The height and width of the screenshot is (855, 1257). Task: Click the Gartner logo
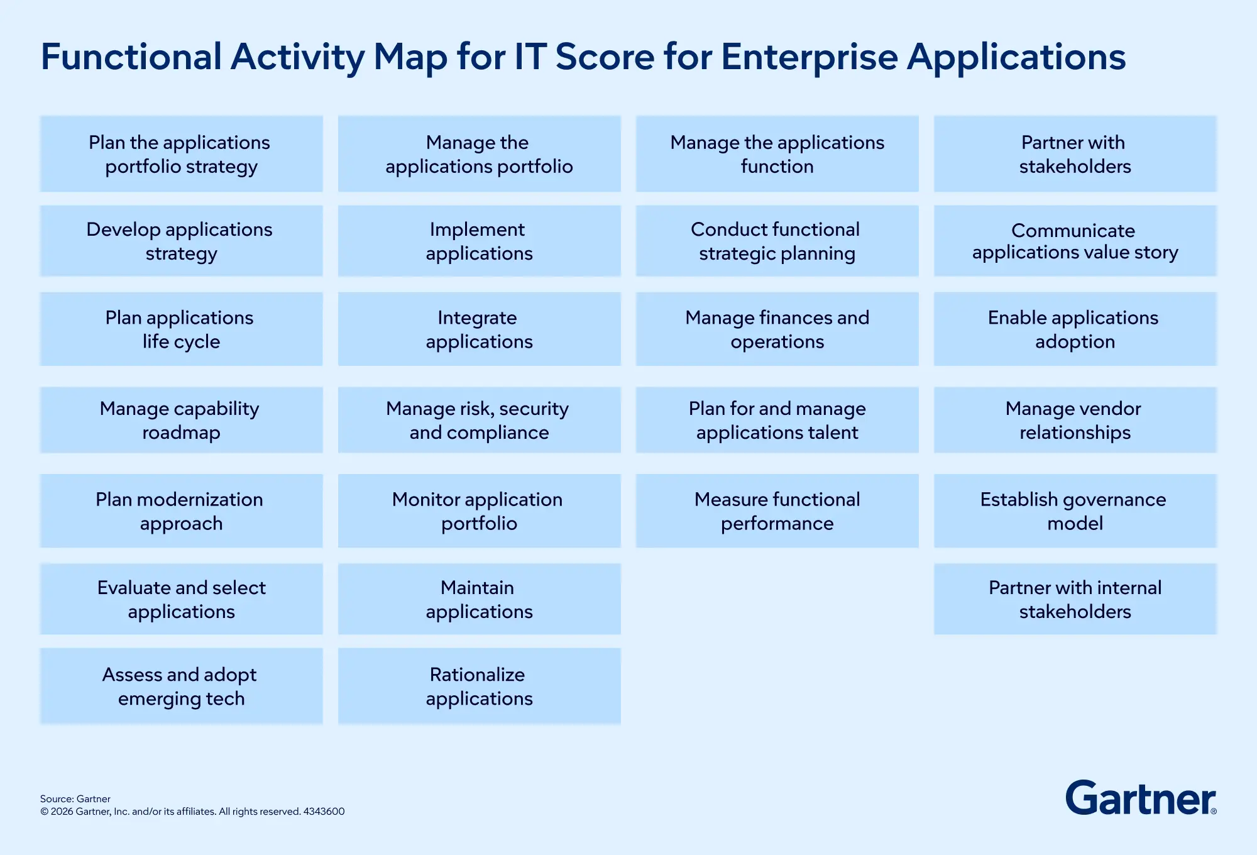click(1141, 798)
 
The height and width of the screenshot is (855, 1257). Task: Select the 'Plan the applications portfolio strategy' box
click(182, 153)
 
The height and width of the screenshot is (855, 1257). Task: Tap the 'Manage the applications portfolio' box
click(480, 153)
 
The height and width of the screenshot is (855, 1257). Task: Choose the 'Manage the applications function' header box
click(777, 153)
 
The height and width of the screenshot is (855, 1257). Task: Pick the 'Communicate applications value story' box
click(1075, 241)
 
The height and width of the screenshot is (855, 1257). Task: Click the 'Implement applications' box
click(480, 241)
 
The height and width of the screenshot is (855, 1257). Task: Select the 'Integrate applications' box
click(480, 329)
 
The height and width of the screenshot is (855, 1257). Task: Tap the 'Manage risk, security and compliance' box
click(480, 420)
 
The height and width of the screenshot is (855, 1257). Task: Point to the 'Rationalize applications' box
click(480, 686)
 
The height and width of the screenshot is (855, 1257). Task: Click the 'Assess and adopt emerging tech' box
click(182, 686)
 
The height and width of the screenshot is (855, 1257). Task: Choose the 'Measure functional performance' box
click(777, 510)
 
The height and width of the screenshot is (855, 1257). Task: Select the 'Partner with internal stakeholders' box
click(1075, 599)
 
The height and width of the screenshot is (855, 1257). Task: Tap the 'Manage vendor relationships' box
click(1075, 420)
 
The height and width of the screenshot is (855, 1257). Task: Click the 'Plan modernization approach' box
click(182, 510)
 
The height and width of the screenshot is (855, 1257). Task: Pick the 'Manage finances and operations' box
click(777, 329)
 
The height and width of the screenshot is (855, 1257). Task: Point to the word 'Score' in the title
click(605, 57)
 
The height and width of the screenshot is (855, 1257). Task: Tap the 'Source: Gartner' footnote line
click(75, 799)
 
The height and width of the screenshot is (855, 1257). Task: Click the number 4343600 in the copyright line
click(324, 812)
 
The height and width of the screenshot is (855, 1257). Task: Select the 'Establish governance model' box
click(1075, 510)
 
